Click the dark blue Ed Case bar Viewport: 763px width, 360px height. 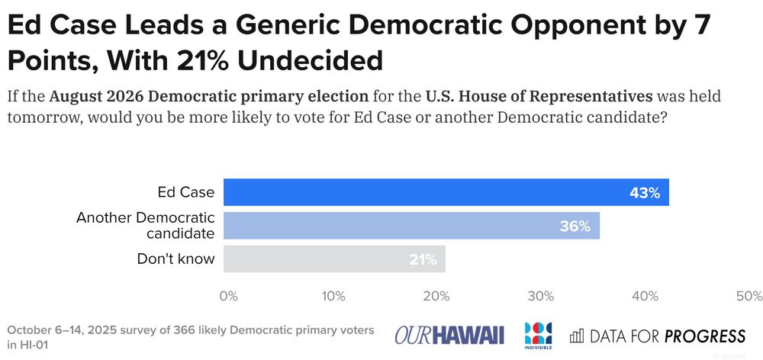446,193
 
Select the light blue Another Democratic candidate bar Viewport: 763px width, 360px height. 411,226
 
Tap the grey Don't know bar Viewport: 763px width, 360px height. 334,259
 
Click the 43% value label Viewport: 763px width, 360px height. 645,193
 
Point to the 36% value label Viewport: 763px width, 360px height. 575,227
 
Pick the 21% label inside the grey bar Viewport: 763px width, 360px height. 421,259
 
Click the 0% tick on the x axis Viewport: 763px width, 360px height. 228,296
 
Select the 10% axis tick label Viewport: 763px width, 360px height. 333,296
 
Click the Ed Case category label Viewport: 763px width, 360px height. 185,193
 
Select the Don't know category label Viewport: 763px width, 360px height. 175,259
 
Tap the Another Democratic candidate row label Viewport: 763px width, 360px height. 145,226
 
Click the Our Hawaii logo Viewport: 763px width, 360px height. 449,335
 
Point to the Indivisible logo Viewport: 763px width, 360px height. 538,333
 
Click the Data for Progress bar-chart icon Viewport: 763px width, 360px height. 577,336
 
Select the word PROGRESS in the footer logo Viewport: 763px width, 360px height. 704,336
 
